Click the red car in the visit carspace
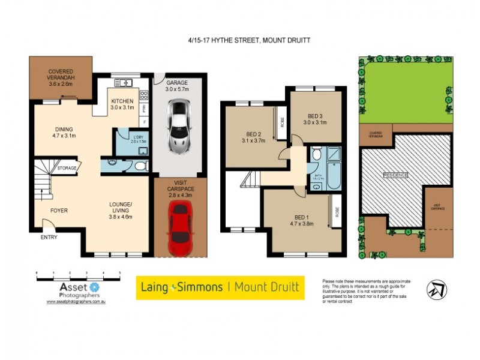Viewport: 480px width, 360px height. click(180, 228)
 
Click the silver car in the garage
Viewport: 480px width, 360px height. click(180, 125)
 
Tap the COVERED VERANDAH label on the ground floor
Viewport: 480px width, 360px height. click(60, 78)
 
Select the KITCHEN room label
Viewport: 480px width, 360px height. click(122, 104)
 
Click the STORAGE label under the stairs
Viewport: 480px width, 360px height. click(67, 168)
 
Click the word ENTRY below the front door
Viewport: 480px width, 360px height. click(49, 238)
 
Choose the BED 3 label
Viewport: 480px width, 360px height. click(315, 119)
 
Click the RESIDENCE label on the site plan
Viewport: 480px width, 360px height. click(395, 175)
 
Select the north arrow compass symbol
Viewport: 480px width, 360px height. click(436, 289)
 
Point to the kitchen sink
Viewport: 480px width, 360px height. click(122, 83)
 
